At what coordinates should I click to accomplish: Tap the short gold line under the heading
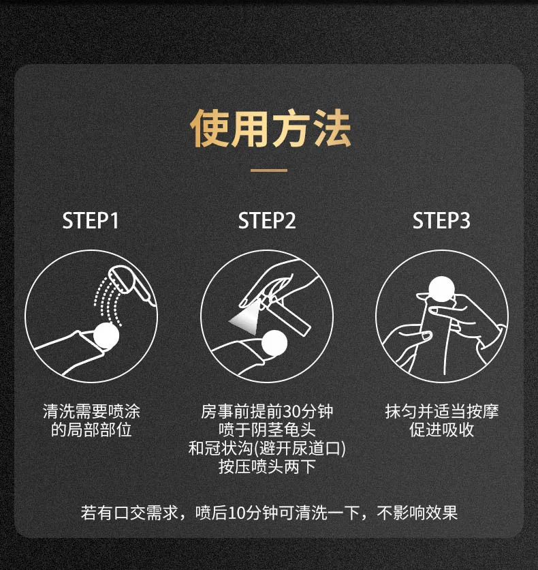tap(269, 170)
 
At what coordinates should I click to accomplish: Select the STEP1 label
tap(92, 221)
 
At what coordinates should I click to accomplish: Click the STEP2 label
tap(267, 221)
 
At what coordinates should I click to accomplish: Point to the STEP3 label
tap(441, 221)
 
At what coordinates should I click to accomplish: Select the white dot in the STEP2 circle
tap(276, 343)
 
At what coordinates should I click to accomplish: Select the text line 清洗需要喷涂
tap(92, 412)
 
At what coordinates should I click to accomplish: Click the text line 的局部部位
tap(92, 430)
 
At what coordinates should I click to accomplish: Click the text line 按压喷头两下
tap(267, 467)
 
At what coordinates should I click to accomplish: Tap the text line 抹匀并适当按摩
tap(441, 412)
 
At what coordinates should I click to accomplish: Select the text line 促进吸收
tap(441, 430)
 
